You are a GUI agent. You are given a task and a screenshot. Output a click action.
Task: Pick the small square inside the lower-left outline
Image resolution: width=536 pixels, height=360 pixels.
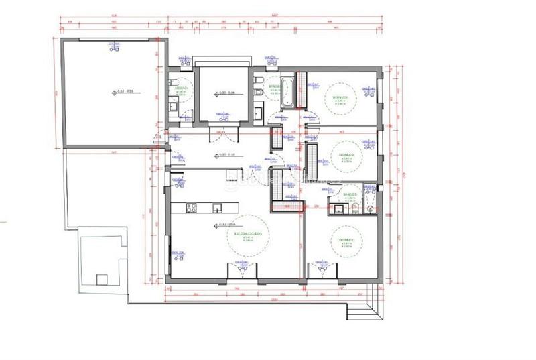(x=102, y=278)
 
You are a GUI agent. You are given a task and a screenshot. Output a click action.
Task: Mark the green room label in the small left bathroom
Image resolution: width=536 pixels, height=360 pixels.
(x=180, y=88)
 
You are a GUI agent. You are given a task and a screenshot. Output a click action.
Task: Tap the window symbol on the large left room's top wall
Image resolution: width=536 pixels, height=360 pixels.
(x=114, y=47)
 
